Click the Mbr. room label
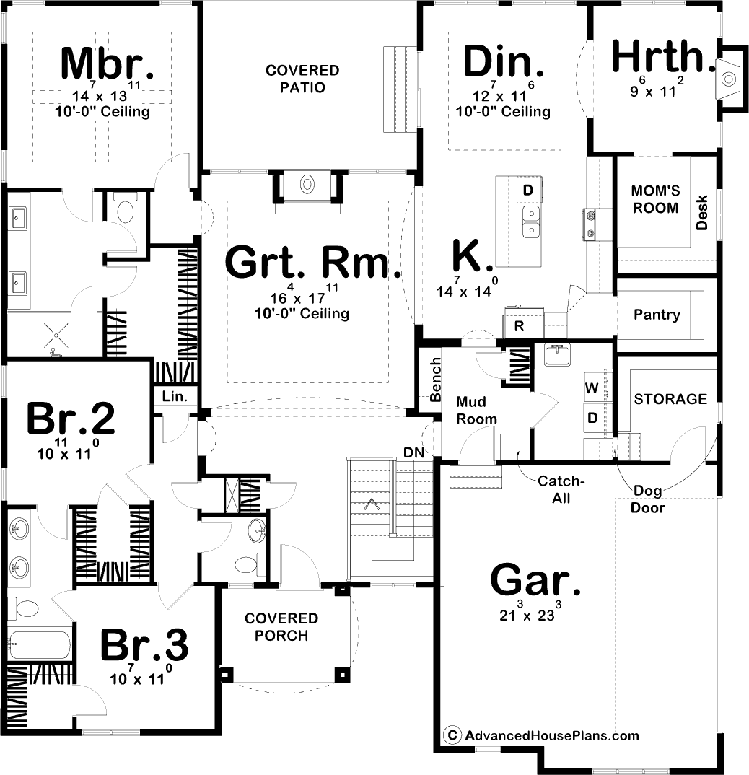tap(107, 64)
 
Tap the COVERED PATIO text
tap(302, 79)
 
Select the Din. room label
tap(503, 61)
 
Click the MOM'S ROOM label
tap(654, 199)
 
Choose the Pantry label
tap(656, 315)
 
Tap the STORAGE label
tap(670, 399)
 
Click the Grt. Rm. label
tap(313, 263)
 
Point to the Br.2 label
tap(70, 419)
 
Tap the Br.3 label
tap(144, 645)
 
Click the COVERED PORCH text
tap(281, 627)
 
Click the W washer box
tap(592, 388)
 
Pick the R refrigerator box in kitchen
tap(518, 325)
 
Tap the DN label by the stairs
tap(414, 452)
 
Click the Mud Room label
tap(476, 411)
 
